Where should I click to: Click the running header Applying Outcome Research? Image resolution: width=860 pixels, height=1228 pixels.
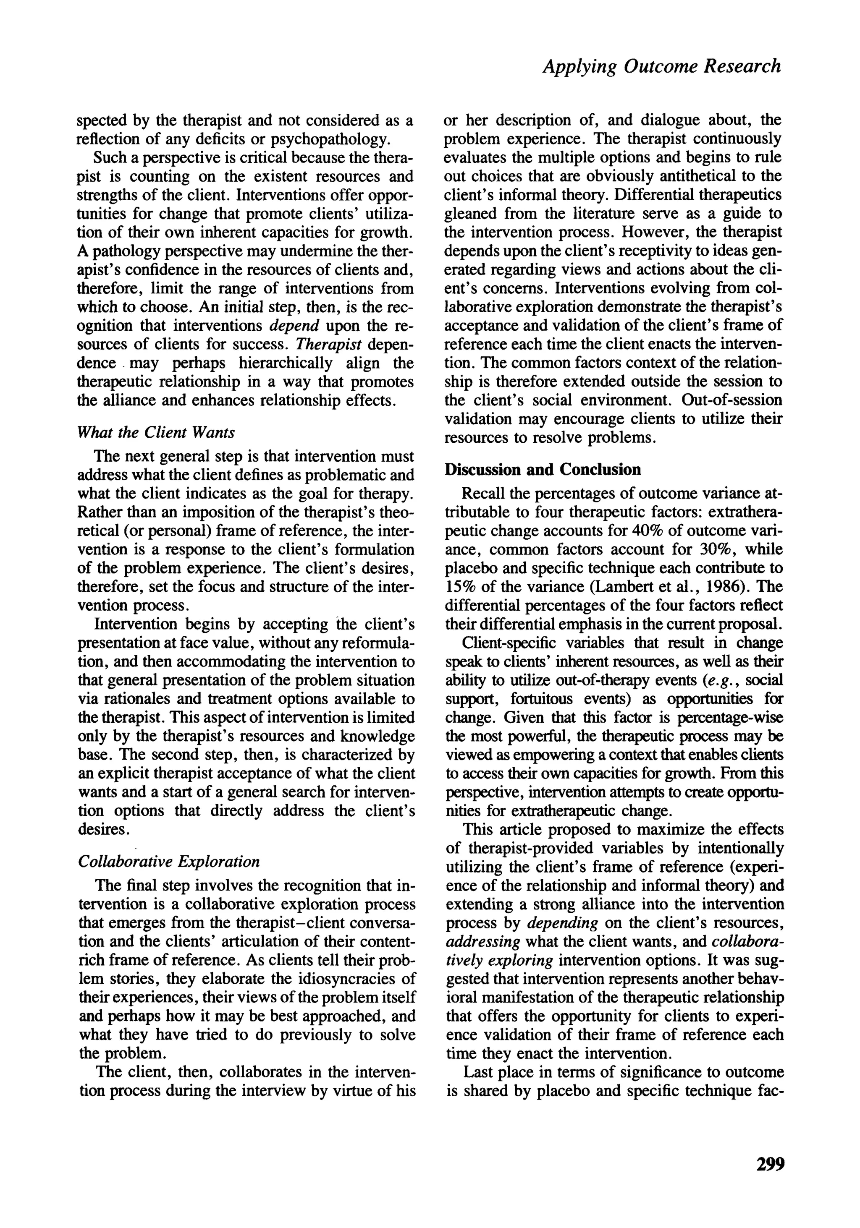661,66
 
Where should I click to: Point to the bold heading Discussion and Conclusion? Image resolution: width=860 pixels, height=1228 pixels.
543,469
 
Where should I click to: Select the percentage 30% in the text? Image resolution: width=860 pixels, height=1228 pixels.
716,549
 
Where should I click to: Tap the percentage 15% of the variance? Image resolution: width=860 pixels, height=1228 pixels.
459,587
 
